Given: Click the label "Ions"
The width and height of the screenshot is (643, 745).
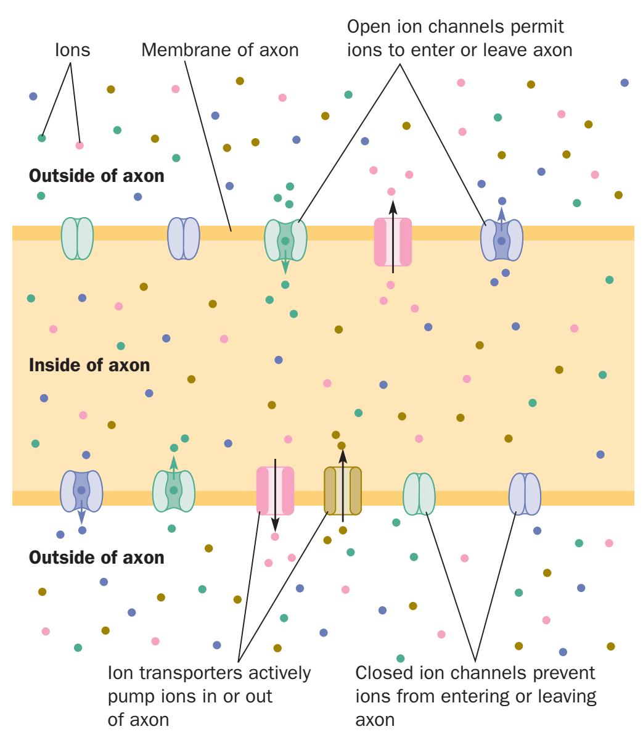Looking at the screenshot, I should coord(72,51).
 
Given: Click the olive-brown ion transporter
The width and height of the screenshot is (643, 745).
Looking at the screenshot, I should coord(343,490).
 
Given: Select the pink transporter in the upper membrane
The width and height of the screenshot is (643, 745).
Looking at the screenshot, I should coord(393,241).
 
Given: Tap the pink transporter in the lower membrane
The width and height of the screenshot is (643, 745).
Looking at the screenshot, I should coord(275,490).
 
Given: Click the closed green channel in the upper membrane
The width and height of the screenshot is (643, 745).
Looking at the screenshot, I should coord(77,238).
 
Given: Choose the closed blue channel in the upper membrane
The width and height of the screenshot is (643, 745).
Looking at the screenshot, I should coord(184,238).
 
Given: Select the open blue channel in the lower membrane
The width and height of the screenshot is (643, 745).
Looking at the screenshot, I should coord(81,491).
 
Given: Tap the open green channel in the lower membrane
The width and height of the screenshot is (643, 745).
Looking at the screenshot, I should coord(174,491).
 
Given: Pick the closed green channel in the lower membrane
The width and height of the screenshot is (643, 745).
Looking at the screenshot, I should coord(419,493).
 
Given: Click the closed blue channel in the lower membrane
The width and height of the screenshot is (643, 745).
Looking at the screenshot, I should coord(525,493).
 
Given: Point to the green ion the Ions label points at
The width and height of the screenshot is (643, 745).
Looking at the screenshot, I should coord(42,138).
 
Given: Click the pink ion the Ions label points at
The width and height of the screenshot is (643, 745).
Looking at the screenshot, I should coord(80,146).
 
